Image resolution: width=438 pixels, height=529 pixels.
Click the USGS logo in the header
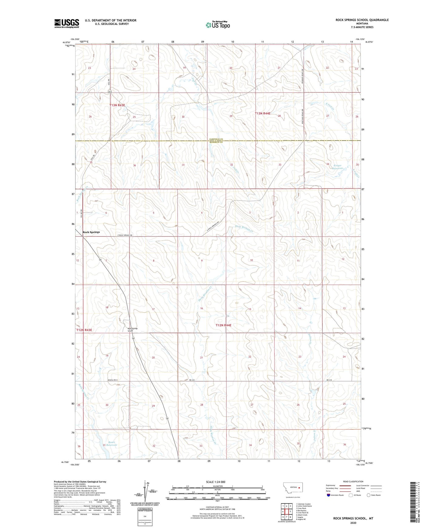point(67,23)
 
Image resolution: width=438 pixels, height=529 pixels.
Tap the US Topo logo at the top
point(217,25)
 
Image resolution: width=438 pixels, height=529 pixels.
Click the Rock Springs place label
point(91,232)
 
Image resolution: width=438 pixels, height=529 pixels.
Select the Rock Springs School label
point(132,330)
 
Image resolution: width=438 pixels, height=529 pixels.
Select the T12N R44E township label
point(223,325)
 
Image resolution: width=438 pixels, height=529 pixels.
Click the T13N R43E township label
point(117,105)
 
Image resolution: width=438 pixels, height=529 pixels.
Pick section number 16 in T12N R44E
point(201,308)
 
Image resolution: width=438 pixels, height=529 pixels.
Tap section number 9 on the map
point(202,261)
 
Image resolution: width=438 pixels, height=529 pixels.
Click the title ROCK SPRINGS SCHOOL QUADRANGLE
point(362,20)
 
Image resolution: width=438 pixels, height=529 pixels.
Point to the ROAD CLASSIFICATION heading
point(353,481)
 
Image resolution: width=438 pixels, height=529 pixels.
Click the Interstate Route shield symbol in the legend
point(329,495)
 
